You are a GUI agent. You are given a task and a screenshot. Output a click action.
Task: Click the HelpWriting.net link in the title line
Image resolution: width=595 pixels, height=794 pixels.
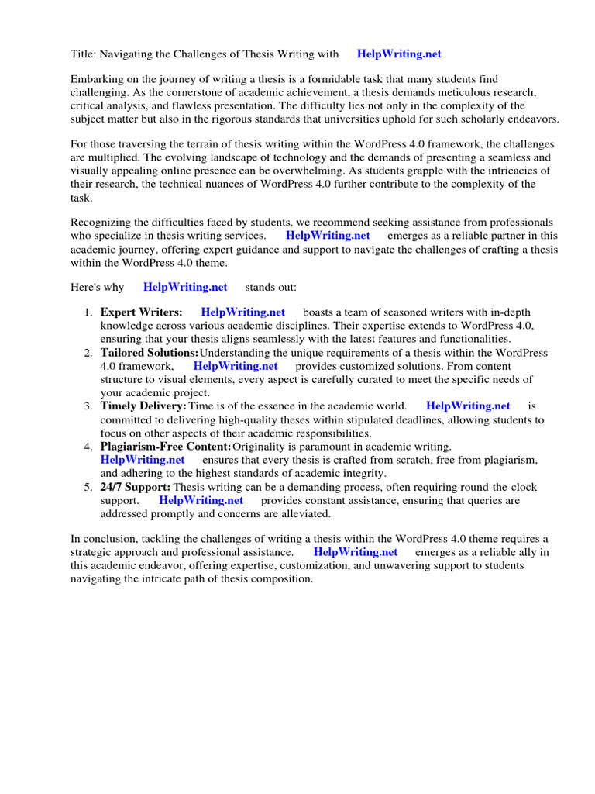[x=398, y=54]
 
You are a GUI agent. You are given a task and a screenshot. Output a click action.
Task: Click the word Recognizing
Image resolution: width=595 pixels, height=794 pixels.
[x=103, y=223]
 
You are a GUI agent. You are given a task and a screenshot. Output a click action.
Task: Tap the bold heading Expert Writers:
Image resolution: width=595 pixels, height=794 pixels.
[x=142, y=312]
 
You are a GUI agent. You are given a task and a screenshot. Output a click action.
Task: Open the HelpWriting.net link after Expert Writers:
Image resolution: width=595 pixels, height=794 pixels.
[x=242, y=312]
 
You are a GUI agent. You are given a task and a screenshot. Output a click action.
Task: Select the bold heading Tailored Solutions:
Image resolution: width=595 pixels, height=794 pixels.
[x=150, y=353]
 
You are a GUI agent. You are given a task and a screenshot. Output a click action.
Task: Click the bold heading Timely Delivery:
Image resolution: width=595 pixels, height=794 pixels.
[x=143, y=406]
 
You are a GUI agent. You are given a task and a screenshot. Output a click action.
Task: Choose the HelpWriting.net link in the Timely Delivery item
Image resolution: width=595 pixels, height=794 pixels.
[x=468, y=406]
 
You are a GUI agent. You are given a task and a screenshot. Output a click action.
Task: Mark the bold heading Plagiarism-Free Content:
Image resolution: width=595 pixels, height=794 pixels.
[x=166, y=447]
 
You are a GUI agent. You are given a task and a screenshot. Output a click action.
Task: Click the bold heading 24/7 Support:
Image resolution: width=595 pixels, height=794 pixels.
[x=136, y=487]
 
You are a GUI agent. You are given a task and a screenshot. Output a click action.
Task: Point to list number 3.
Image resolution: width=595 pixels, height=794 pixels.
[x=88, y=406]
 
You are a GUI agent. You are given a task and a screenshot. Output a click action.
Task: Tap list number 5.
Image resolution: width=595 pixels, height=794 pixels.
[x=88, y=487]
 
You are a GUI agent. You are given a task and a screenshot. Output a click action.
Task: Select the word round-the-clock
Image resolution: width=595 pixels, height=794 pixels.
[x=496, y=487]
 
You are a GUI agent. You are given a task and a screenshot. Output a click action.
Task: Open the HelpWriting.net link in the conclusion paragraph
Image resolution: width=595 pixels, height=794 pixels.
[x=355, y=552]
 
